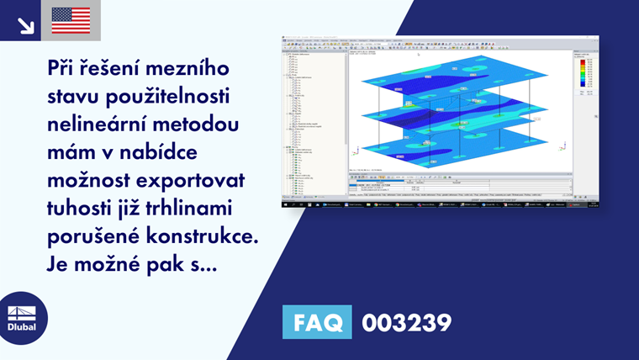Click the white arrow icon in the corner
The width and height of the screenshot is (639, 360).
[x=24, y=24]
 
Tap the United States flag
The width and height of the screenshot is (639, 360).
[x=71, y=20]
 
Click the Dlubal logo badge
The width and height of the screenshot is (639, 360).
[x=23, y=317]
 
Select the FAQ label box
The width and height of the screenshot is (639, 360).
[x=318, y=322]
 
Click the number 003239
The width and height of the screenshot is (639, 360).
[x=406, y=322]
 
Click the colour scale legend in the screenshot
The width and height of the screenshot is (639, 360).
[x=585, y=76]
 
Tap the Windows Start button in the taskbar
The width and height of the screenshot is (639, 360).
[x=285, y=204]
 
